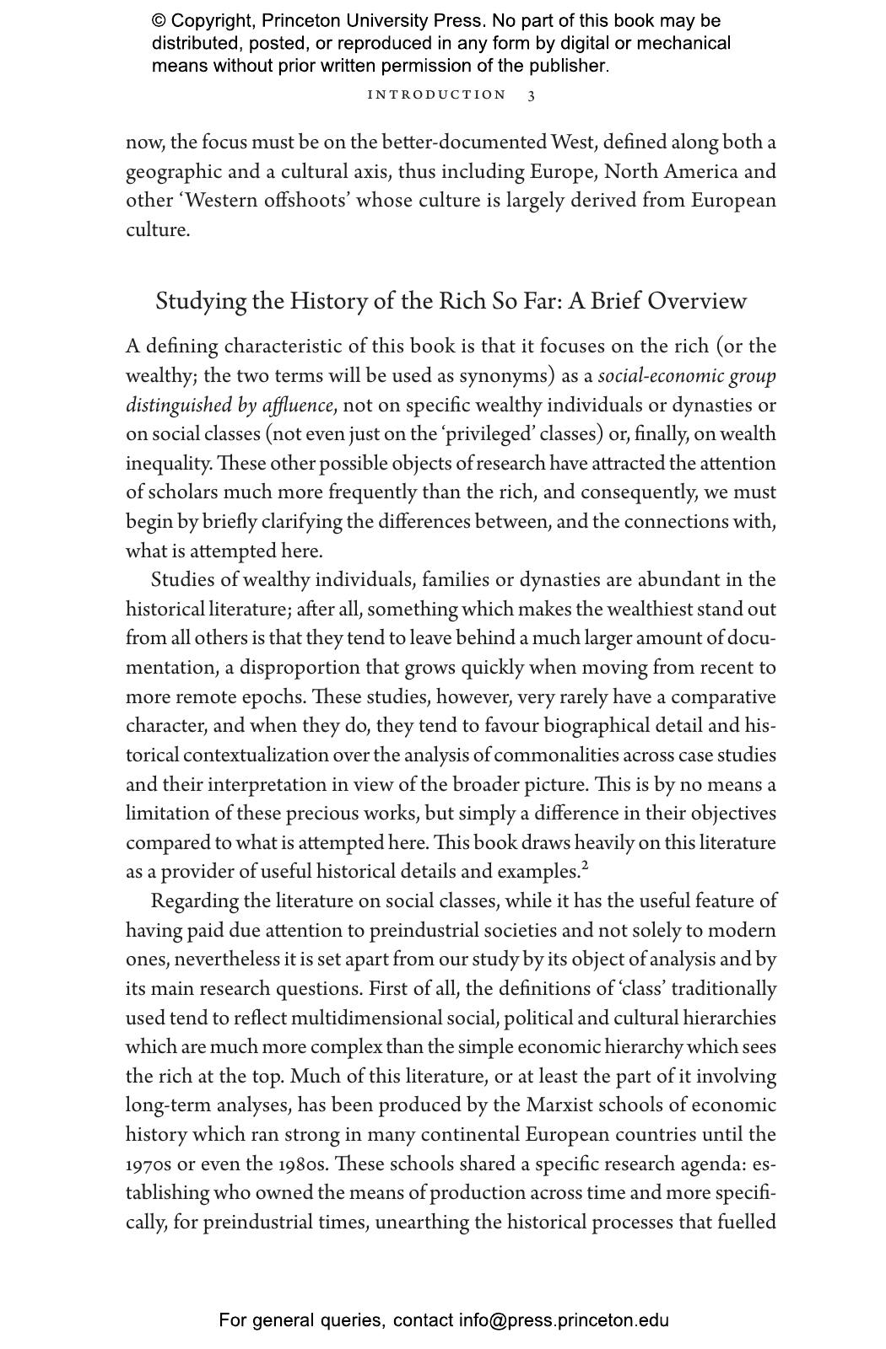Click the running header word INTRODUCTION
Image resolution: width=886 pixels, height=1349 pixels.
point(436,95)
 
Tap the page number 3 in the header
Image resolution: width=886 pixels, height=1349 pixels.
point(532,95)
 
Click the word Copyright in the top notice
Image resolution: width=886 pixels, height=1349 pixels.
point(212,21)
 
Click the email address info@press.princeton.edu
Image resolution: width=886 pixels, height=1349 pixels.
point(564,1320)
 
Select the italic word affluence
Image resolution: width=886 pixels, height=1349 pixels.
point(297,406)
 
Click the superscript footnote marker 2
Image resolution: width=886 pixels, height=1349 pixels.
point(585,864)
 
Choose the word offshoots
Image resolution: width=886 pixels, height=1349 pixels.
point(296,202)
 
